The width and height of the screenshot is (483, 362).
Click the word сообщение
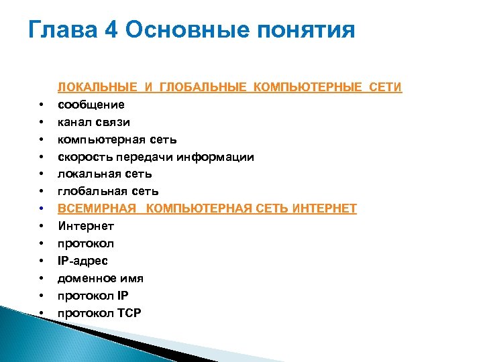point(91,105)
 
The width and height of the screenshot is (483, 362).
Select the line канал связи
point(94,122)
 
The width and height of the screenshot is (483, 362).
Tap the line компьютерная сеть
point(117,139)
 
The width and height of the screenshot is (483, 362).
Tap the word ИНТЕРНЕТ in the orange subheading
point(325,208)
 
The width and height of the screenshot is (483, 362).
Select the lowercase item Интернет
point(86,226)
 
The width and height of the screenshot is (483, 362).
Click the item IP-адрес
point(83,261)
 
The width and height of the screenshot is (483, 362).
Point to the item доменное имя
point(101,278)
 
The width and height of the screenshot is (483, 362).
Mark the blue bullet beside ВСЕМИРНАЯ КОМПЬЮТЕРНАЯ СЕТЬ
point(42,209)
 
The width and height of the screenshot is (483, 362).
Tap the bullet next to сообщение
point(42,105)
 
